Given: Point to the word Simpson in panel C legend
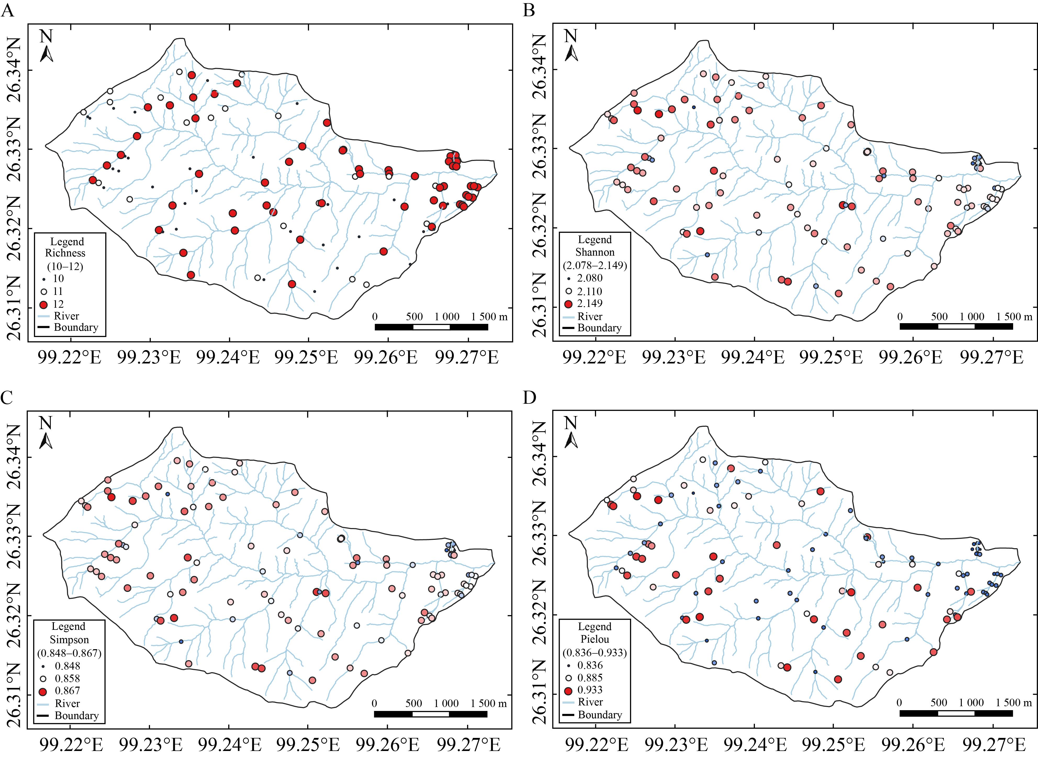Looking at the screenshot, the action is (x=69, y=640).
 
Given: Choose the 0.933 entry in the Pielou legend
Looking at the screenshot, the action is (x=590, y=690).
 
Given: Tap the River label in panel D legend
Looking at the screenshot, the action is (x=590, y=702).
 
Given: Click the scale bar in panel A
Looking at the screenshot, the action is (x=431, y=327).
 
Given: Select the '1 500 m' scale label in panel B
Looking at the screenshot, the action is (x=1014, y=317).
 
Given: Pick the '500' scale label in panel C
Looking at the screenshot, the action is (x=413, y=703).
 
